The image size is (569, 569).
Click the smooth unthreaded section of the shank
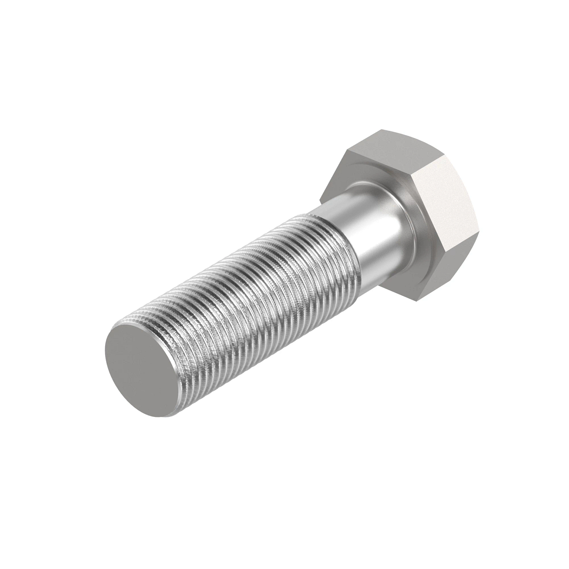point(360,228)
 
